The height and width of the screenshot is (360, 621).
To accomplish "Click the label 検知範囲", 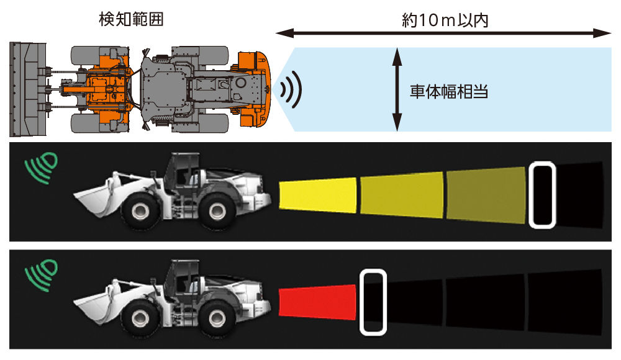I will click(131, 19).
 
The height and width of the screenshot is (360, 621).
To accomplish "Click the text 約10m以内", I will click(445, 19).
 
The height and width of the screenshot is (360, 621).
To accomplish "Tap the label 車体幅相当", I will click(448, 92).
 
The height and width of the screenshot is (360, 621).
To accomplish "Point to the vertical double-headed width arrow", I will click(396, 91).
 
